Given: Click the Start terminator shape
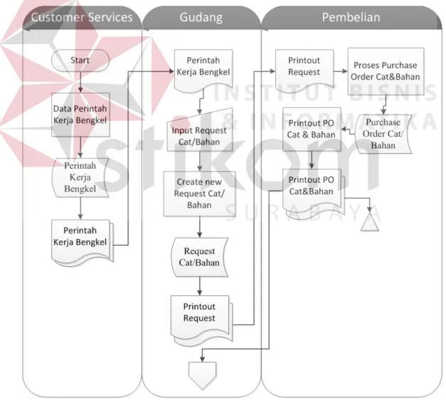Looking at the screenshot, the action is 80,60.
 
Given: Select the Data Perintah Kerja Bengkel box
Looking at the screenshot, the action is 80,115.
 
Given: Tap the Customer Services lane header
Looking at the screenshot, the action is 82,17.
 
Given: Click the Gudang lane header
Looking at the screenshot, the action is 201,17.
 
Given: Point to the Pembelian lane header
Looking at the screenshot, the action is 351,17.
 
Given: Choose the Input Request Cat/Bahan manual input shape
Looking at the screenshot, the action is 200,132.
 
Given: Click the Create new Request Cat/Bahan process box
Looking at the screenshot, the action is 199,194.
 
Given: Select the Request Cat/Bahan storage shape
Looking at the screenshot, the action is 199,257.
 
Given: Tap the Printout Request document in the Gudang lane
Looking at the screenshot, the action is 202,319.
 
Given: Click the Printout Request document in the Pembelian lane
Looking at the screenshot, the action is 304,70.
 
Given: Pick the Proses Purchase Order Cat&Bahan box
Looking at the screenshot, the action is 386,71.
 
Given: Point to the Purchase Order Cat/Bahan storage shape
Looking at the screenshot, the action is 383,134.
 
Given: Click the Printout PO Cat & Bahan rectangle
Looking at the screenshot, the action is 312,130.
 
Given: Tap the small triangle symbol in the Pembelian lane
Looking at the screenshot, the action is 369,222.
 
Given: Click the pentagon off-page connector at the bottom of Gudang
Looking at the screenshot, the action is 202,374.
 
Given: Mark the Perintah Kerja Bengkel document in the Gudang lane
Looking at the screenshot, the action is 203,70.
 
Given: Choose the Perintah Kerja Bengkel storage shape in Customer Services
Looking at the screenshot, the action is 80,178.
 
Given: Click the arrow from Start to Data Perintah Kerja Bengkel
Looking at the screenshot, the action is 80,82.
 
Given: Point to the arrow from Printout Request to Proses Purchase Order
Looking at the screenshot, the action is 341,71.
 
